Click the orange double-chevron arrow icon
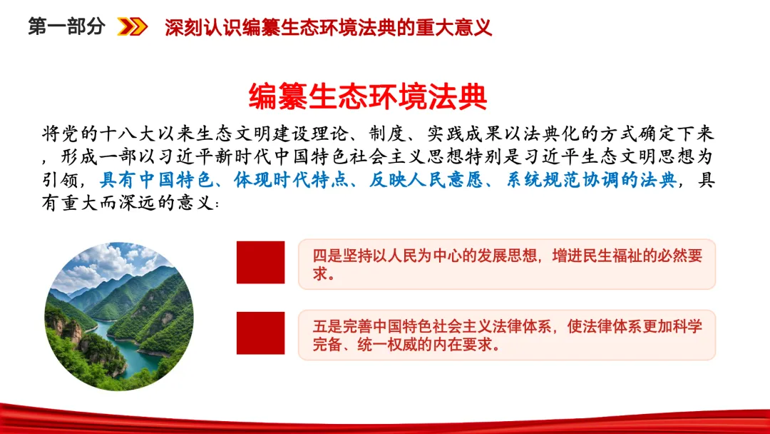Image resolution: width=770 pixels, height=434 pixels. [x=132, y=26]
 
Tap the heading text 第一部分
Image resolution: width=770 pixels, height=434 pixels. [x=67, y=26]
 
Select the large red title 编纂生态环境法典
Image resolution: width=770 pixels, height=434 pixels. [x=368, y=96]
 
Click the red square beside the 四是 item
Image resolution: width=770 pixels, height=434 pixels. [x=260, y=263]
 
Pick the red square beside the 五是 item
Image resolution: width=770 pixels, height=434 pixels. [x=260, y=333]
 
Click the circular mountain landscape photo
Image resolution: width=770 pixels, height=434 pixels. [x=119, y=316]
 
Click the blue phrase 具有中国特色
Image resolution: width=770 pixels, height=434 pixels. [x=157, y=180]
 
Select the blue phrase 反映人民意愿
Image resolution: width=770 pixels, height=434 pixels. [x=426, y=180]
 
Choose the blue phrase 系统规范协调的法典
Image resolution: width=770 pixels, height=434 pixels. [x=592, y=180]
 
